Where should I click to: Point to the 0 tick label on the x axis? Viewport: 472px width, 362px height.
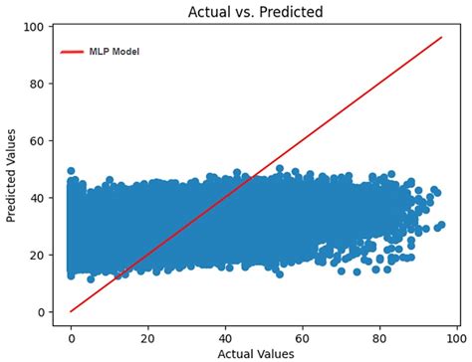click(x=71, y=336)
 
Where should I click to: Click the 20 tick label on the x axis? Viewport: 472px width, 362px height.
click(x=148, y=336)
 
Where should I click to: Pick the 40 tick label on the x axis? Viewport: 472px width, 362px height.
click(x=226, y=336)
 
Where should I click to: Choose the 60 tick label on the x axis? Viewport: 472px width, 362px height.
click(x=304, y=336)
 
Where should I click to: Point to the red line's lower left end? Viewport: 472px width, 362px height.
click(x=71, y=311)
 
